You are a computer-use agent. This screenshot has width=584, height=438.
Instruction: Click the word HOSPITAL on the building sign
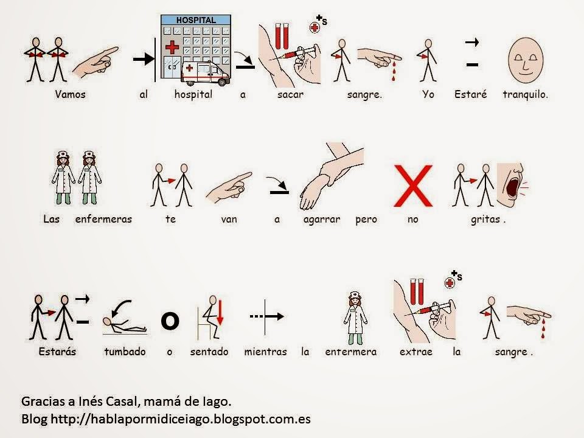coord(196,20)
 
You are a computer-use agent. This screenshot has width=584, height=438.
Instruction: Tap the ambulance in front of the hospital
coord(205,74)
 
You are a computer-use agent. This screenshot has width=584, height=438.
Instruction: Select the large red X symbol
coord(413,186)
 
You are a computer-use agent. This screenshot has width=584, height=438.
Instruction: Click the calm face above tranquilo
coord(526,60)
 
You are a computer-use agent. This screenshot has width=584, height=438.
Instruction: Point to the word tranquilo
coord(525,95)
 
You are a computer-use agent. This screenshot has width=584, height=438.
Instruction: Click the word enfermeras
coord(103,220)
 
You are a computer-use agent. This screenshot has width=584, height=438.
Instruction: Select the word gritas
coord(485,220)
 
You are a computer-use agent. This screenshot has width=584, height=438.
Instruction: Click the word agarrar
coord(322,220)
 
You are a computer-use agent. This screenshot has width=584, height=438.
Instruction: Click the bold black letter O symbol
coord(170,321)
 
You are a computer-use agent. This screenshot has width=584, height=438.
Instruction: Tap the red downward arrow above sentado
coord(220,313)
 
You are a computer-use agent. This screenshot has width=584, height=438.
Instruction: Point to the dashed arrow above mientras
coord(266,316)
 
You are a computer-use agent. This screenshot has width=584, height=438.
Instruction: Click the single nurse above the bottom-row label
coord(356,318)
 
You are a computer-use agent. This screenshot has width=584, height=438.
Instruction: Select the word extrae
coord(416,352)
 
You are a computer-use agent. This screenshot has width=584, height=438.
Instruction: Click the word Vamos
coord(71,94)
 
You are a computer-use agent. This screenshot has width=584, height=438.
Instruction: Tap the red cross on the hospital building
coord(172,47)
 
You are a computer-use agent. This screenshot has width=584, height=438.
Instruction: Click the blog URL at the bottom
coord(181,419)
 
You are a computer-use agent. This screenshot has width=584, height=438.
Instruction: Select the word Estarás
coord(57,352)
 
